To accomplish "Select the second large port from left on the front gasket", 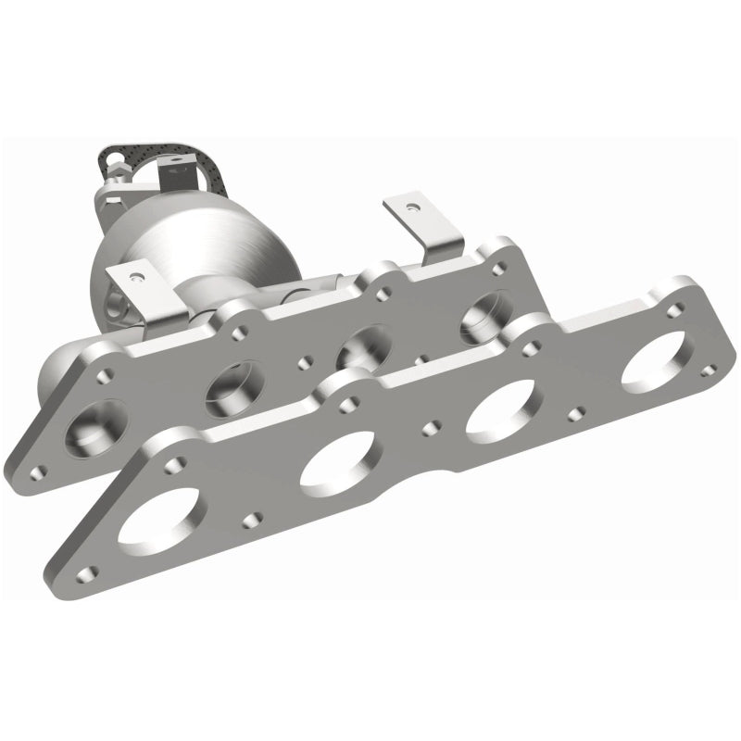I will [339, 456].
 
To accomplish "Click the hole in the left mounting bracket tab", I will [137, 276].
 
